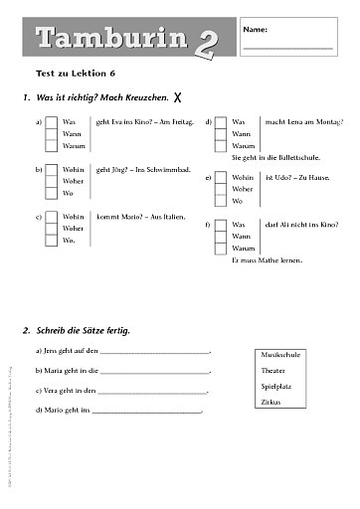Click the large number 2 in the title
(202, 42)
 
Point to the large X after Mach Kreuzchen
(177, 98)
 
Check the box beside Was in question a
(51, 121)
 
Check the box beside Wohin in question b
(51, 170)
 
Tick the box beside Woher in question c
(51, 228)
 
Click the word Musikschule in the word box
(276, 355)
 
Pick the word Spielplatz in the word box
(275, 386)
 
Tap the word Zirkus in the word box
(270, 402)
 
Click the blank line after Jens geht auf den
(154, 353)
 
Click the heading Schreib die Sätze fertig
(83, 329)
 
